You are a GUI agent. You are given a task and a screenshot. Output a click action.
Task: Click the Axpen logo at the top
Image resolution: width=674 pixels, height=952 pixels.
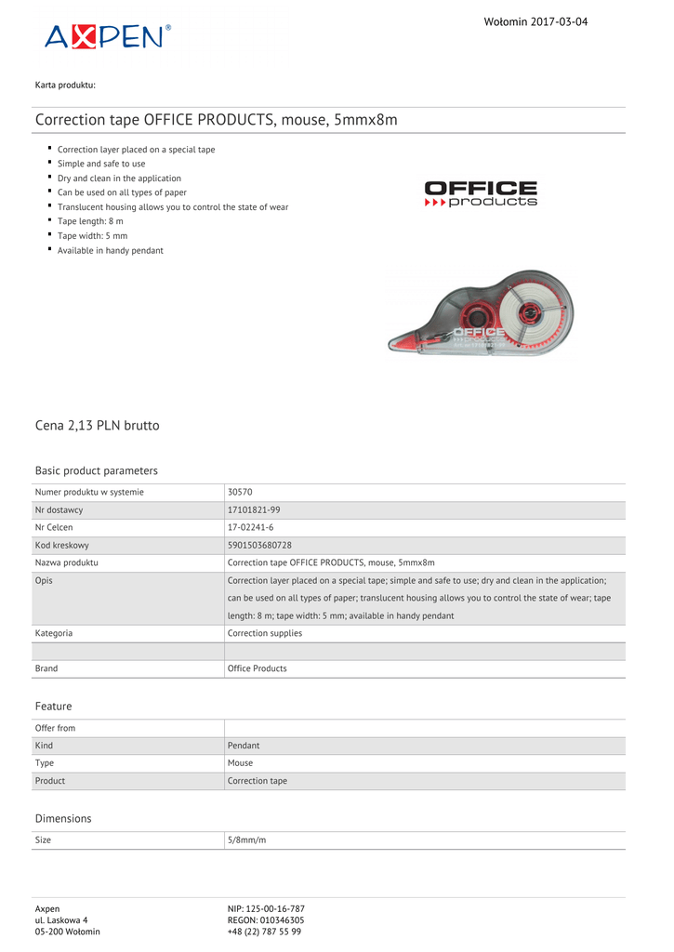pyautogui.click(x=108, y=36)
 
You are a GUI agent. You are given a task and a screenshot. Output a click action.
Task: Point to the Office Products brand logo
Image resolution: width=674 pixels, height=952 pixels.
pyautogui.click(x=481, y=193)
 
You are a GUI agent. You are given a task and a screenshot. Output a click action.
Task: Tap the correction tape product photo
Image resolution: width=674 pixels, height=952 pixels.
pyautogui.click(x=481, y=315)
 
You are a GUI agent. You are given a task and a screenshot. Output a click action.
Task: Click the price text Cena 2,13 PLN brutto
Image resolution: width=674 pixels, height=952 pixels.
pyautogui.click(x=97, y=425)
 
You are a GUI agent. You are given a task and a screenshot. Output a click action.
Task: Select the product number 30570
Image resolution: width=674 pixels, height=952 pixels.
pyautogui.click(x=240, y=492)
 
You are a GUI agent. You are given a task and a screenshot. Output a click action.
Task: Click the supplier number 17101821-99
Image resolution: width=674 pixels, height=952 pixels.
pyautogui.click(x=254, y=509)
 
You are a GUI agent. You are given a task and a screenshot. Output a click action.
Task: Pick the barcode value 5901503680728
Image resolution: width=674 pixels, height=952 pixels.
pyautogui.click(x=259, y=545)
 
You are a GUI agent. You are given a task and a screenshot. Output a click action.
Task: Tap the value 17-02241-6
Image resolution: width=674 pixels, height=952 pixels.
pyautogui.click(x=250, y=527)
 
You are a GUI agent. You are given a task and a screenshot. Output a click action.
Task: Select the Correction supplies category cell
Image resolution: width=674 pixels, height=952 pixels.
pyautogui.click(x=265, y=633)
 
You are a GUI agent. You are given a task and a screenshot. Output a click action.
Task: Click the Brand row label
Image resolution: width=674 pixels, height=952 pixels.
pyautogui.click(x=46, y=668)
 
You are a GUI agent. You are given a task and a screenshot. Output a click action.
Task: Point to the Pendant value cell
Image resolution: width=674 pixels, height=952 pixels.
pyautogui.click(x=244, y=746)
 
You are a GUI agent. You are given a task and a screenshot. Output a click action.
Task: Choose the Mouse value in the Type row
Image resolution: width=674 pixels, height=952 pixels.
pyautogui.click(x=240, y=763)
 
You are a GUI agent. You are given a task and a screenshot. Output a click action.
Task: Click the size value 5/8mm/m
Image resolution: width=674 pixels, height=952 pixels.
pyautogui.click(x=246, y=840)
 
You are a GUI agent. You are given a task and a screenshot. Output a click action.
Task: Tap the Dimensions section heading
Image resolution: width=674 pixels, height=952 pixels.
pyautogui.click(x=63, y=818)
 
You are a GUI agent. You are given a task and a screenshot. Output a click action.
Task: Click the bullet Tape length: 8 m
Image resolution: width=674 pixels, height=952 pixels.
pyautogui.click(x=90, y=221)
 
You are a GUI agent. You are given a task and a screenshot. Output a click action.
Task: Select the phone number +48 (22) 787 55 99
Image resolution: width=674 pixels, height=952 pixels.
pyautogui.click(x=264, y=931)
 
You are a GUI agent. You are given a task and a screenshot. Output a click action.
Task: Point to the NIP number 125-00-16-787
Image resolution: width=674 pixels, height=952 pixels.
pyautogui.click(x=266, y=908)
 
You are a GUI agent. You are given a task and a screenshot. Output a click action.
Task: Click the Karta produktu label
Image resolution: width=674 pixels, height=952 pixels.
pyautogui.click(x=65, y=85)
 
